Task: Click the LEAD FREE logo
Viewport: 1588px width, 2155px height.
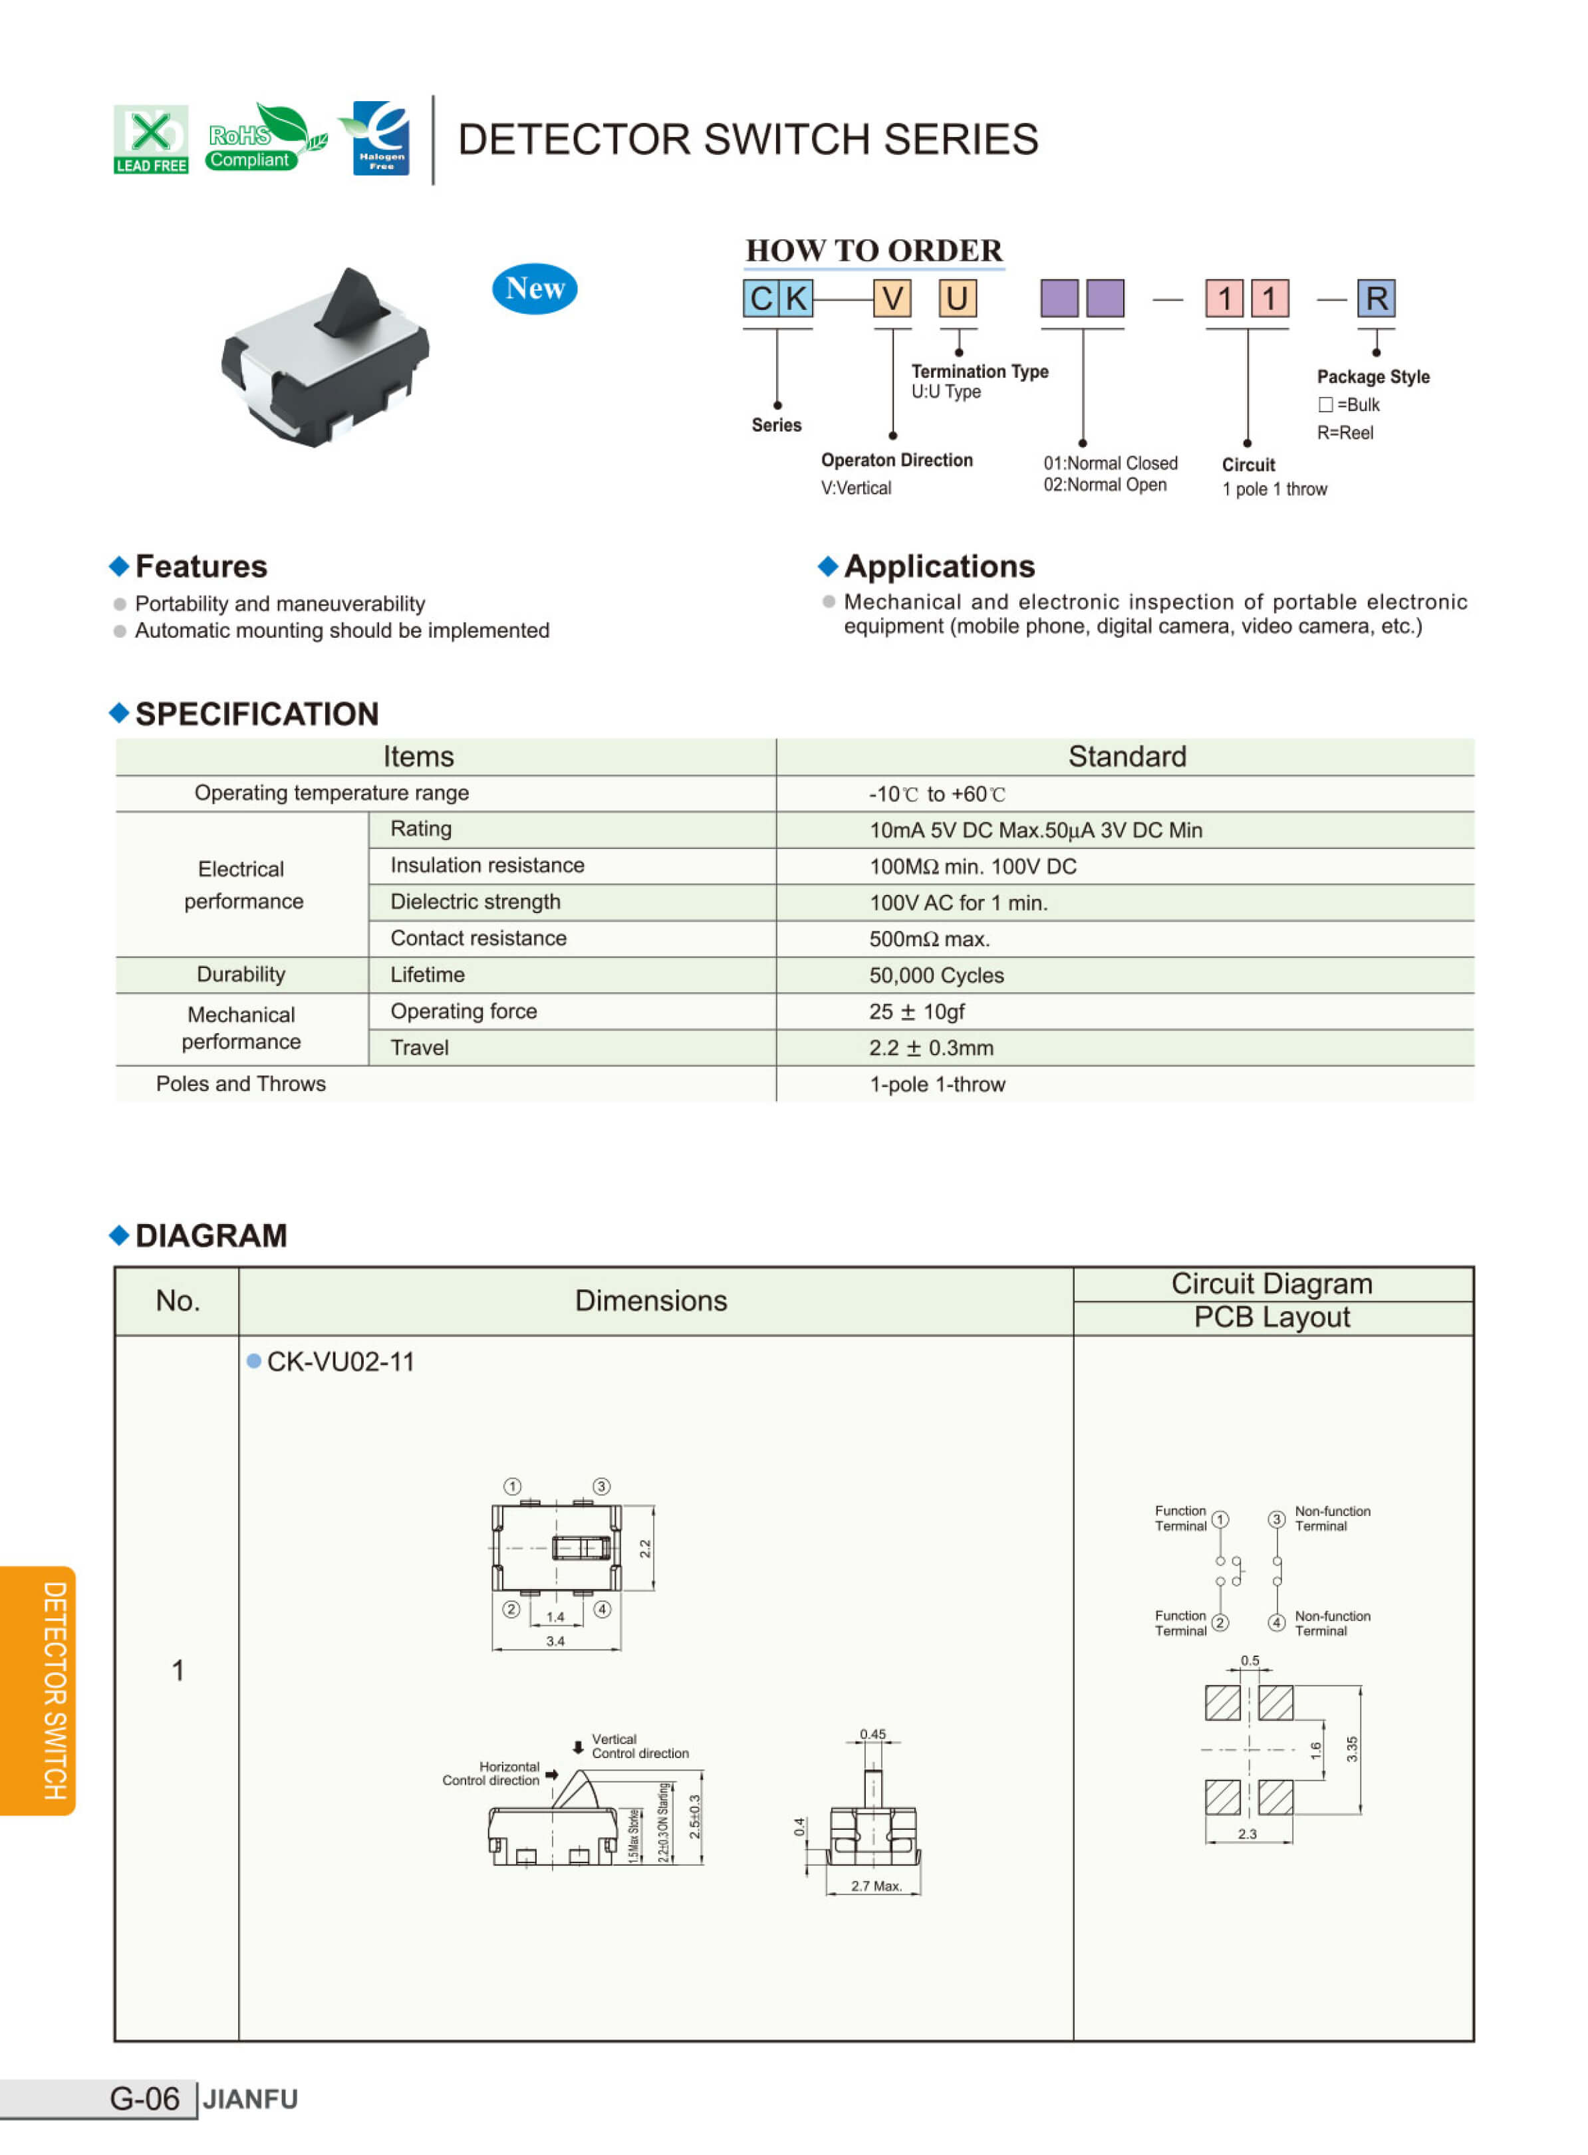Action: [x=151, y=140]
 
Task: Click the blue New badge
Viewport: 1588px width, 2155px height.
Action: [x=535, y=289]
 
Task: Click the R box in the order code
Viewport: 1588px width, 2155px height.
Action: [x=1376, y=298]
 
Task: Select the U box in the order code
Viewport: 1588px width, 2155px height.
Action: [x=958, y=298]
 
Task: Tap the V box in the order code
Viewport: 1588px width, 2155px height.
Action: [x=892, y=298]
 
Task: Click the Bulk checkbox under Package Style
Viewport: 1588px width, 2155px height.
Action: [x=1325, y=405]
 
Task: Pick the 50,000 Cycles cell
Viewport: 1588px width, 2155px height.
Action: [x=936, y=975]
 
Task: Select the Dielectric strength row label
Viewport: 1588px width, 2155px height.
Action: [x=475, y=902]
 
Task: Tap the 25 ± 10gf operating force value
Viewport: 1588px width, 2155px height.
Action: [x=917, y=1011]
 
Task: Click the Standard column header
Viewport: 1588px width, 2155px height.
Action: [x=1126, y=757]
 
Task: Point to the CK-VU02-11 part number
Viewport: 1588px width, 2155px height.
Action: [x=340, y=1361]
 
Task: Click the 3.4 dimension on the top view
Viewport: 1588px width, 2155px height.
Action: [x=556, y=1641]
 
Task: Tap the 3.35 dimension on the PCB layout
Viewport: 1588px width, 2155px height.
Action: [x=1351, y=1749]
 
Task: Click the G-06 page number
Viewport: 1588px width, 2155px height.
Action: [x=144, y=2098]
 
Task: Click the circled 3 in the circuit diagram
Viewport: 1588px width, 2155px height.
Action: [x=1277, y=1519]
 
